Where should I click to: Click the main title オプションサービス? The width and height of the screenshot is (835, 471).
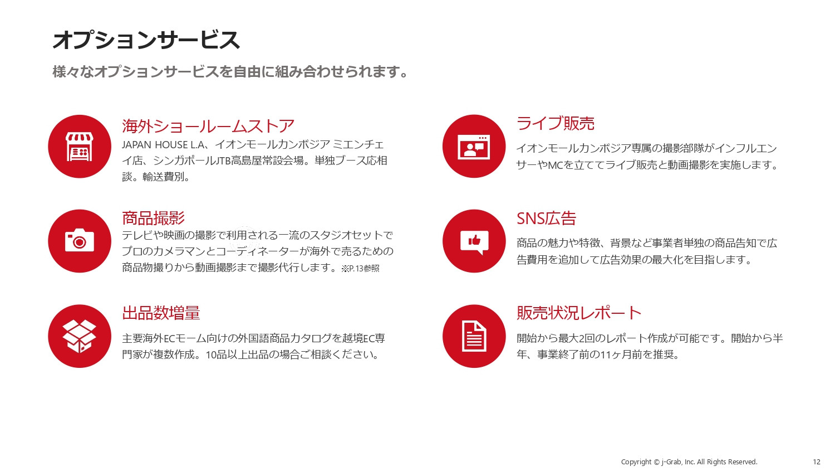click(x=146, y=40)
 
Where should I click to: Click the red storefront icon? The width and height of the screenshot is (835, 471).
click(x=80, y=147)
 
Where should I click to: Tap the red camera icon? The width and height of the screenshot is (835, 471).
click(x=80, y=241)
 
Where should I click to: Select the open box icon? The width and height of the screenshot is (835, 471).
click(x=80, y=336)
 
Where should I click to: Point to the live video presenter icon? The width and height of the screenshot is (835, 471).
click(x=474, y=147)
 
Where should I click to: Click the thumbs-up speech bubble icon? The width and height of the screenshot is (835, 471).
click(x=474, y=241)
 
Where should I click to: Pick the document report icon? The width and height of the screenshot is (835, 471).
click(x=474, y=336)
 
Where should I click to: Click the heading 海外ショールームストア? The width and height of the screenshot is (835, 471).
click(x=208, y=126)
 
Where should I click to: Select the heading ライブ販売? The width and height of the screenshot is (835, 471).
click(x=555, y=123)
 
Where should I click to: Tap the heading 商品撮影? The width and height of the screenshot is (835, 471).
click(x=153, y=218)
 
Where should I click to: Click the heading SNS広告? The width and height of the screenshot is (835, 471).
click(x=546, y=218)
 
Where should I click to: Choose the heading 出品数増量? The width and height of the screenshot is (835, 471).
click(x=161, y=313)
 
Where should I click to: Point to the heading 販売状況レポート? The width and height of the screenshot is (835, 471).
click(x=579, y=313)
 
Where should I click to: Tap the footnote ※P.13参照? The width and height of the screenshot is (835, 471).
click(x=361, y=269)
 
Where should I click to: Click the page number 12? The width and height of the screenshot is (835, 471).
click(x=816, y=462)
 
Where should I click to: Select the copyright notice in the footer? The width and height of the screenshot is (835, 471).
click(x=689, y=462)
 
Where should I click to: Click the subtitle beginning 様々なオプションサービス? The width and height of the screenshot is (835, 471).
click(x=230, y=72)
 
